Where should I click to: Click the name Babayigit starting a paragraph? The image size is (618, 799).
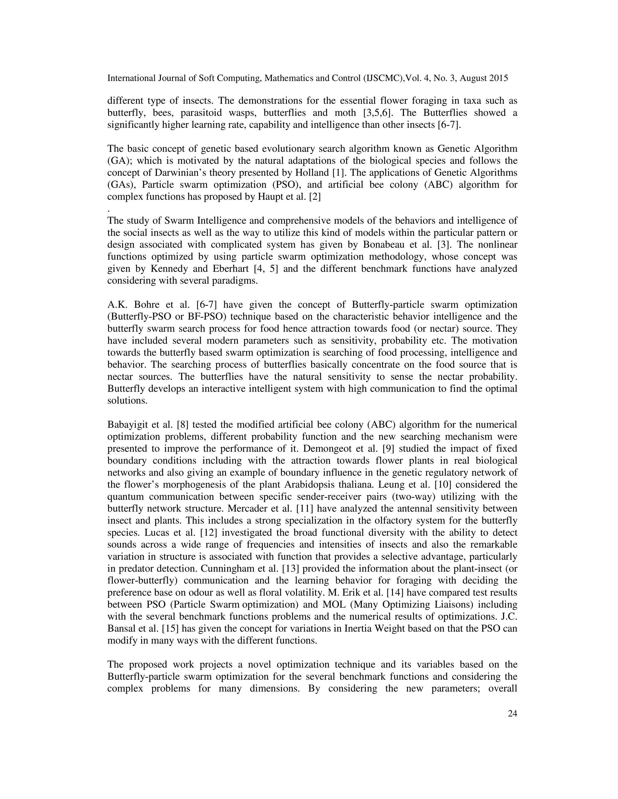tap(125, 425)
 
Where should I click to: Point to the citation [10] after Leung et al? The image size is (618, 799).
tap(436, 485)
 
